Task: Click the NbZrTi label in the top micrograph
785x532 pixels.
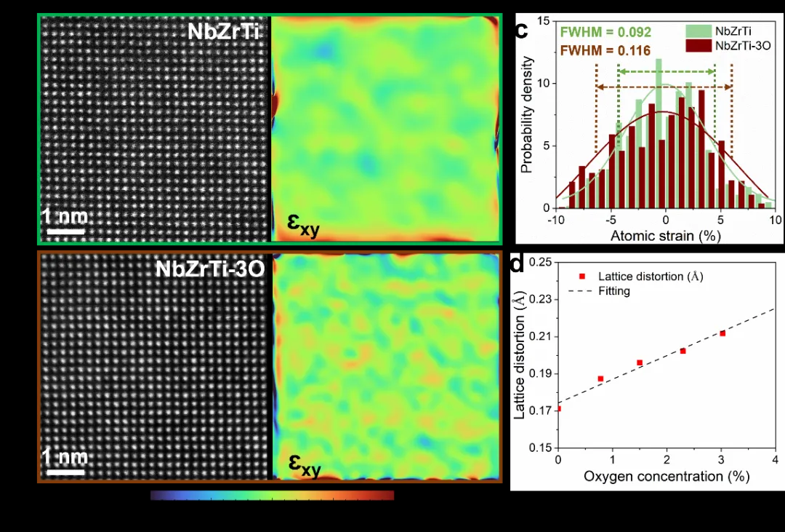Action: tap(224, 32)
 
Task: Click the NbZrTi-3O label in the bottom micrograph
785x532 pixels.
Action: tap(209, 269)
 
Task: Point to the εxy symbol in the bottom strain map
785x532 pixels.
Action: tap(305, 464)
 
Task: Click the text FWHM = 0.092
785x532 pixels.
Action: tap(605, 33)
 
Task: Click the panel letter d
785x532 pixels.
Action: tap(518, 263)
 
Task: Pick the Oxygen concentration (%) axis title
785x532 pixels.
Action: tap(666, 476)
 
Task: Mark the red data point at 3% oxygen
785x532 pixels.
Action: tap(722, 333)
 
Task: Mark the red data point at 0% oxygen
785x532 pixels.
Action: tap(557, 408)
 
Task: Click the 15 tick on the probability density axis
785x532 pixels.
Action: tap(544, 21)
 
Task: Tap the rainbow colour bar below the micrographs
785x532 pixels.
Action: tap(272, 495)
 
